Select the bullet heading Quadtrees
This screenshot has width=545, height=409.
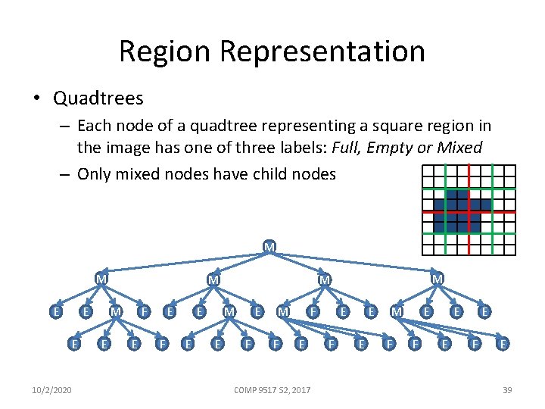point(98,98)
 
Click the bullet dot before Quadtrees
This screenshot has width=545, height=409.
point(38,98)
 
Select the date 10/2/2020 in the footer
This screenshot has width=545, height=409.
point(53,389)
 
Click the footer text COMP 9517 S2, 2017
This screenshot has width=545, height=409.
point(272,389)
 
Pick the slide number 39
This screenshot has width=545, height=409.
point(507,389)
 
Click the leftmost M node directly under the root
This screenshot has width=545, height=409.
point(100,279)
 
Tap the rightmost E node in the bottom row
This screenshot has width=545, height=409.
point(503,344)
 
